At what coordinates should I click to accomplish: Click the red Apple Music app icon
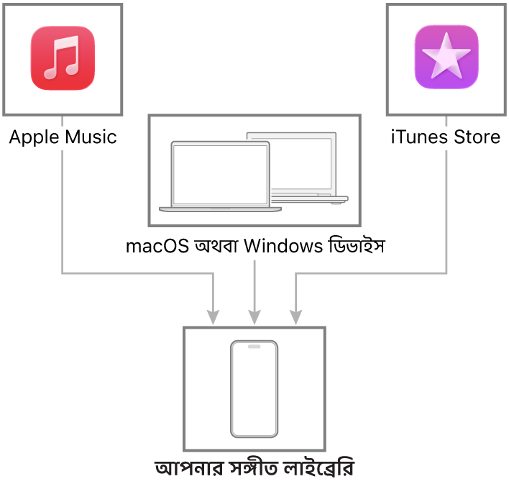pyautogui.click(x=63, y=58)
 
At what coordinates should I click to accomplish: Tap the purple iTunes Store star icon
pyautogui.click(x=446, y=58)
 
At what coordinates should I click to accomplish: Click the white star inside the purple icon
pyautogui.click(x=446, y=55)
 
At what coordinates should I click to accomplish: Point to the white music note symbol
pyautogui.click(x=61, y=58)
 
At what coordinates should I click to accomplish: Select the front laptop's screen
pyautogui.click(x=220, y=175)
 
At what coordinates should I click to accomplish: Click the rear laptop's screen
pyautogui.click(x=302, y=162)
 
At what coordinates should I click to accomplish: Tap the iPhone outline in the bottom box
pyautogui.click(x=254, y=388)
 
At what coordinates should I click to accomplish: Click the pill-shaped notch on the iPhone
pyautogui.click(x=254, y=347)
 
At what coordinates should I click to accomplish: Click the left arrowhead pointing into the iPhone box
pyautogui.click(x=213, y=316)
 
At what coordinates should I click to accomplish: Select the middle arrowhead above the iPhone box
pyautogui.click(x=254, y=316)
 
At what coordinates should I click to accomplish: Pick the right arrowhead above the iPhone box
pyautogui.click(x=295, y=316)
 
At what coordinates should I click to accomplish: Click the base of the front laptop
pyautogui.click(x=220, y=209)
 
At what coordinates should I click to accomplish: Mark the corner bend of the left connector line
pyautogui.click(x=63, y=273)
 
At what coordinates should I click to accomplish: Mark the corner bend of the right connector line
pyautogui.click(x=446, y=273)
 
